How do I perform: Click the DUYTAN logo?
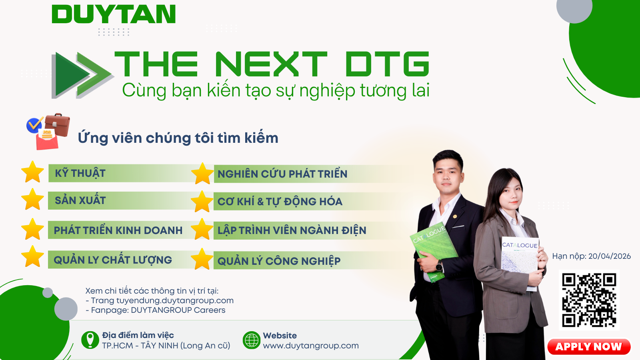pyautogui.click(x=114, y=14)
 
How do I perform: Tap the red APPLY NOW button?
pyautogui.click(x=589, y=346)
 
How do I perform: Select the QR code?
pyautogui.click(x=589, y=300)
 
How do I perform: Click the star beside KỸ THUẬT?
pyautogui.click(x=32, y=172)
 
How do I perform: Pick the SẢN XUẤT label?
pyautogui.click(x=80, y=200)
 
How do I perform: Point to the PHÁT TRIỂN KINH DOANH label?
pyautogui.click(x=118, y=230)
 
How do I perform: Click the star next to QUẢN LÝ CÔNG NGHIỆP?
pyautogui.click(x=202, y=259)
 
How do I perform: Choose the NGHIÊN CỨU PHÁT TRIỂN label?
pyautogui.click(x=282, y=174)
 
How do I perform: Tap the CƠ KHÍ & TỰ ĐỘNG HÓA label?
pyautogui.click(x=280, y=202)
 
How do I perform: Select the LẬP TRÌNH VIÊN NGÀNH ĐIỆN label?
pyautogui.click(x=292, y=230)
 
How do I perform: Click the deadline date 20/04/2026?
pyautogui.click(x=610, y=256)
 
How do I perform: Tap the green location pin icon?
pyautogui.click(x=90, y=340)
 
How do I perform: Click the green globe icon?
pyautogui.click(x=252, y=340)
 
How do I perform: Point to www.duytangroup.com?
pyautogui.click(x=311, y=346)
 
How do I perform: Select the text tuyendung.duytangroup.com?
pyautogui.click(x=175, y=300)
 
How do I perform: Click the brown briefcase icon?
pyautogui.click(x=57, y=124)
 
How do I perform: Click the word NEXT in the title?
pyautogui.click(x=271, y=64)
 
